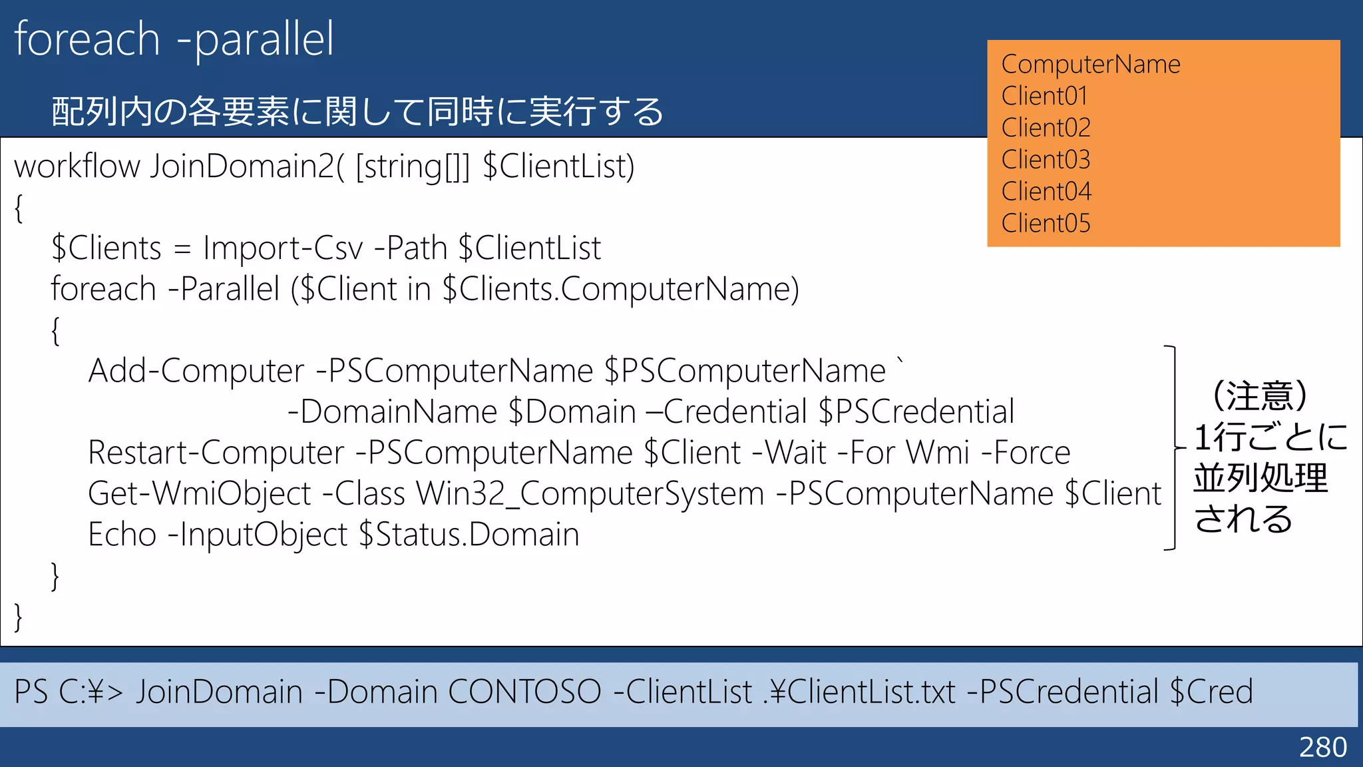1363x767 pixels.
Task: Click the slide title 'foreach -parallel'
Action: pyautogui.click(x=174, y=39)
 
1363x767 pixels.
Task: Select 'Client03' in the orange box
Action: pyautogui.click(x=1046, y=160)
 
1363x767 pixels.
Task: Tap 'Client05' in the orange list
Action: pyautogui.click(x=1046, y=224)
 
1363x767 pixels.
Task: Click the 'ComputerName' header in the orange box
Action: pyautogui.click(x=1090, y=65)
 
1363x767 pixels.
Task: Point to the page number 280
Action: pyautogui.click(x=1322, y=747)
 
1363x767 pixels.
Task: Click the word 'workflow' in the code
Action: pyautogui.click(x=77, y=166)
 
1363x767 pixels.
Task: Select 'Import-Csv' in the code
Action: pyautogui.click(x=283, y=248)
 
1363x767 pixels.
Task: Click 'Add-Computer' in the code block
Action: pyautogui.click(x=196, y=371)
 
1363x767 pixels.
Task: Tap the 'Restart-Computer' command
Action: pyautogui.click(x=216, y=453)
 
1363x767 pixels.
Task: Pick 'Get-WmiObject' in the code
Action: pyautogui.click(x=200, y=494)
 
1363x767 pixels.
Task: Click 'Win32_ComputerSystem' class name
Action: pyautogui.click(x=590, y=494)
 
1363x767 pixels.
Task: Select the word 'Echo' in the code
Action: pyautogui.click(x=122, y=535)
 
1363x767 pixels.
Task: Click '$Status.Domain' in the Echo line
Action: pyautogui.click(x=469, y=535)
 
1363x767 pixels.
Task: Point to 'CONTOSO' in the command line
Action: pyautogui.click(x=524, y=692)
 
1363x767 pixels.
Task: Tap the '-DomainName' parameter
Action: pyautogui.click(x=393, y=412)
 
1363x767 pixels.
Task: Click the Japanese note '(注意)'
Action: pyautogui.click(x=1260, y=396)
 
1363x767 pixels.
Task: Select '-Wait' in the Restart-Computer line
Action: pyautogui.click(x=789, y=453)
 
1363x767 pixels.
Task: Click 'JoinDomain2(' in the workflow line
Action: pyautogui.click(x=246, y=166)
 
